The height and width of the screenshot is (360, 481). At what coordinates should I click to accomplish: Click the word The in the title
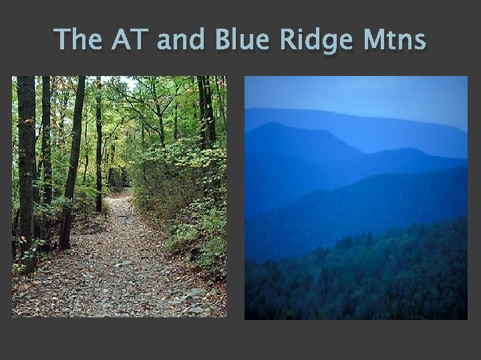(x=79, y=40)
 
